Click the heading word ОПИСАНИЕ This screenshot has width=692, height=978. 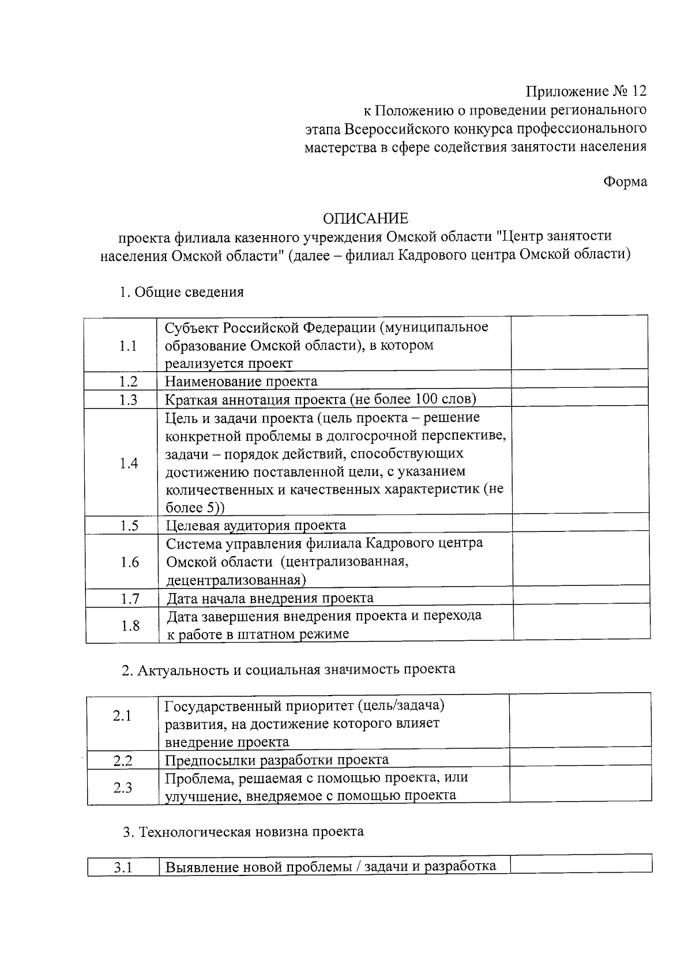pyautogui.click(x=365, y=218)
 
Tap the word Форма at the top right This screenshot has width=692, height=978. pyautogui.click(x=625, y=182)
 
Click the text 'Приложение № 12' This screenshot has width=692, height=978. pyautogui.click(x=586, y=92)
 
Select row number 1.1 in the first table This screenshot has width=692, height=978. pyautogui.click(x=127, y=346)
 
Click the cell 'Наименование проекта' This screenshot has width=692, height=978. pyautogui.click(x=241, y=382)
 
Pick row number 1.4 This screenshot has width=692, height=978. pyautogui.click(x=129, y=463)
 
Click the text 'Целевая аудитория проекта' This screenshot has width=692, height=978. pyautogui.click(x=256, y=526)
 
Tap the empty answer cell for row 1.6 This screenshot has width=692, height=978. pyautogui.click(x=581, y=561)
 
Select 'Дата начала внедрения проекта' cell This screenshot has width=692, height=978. pyautogui.click(x=270, y=598)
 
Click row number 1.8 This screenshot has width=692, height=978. pyautogui.click(x=130, y=626)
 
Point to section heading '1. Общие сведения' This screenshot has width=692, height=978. pyautogui.click(x=181, y=292)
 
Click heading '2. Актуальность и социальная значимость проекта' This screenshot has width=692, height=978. pyautogui.click(x=288, y=670)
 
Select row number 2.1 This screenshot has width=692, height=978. pyautogui.click(x=122, y=716)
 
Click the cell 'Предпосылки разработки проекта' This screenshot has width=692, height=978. pyautogui.click(x=277, y=760)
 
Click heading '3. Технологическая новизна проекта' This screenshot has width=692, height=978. pyautogui.click(x=243, y=832)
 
